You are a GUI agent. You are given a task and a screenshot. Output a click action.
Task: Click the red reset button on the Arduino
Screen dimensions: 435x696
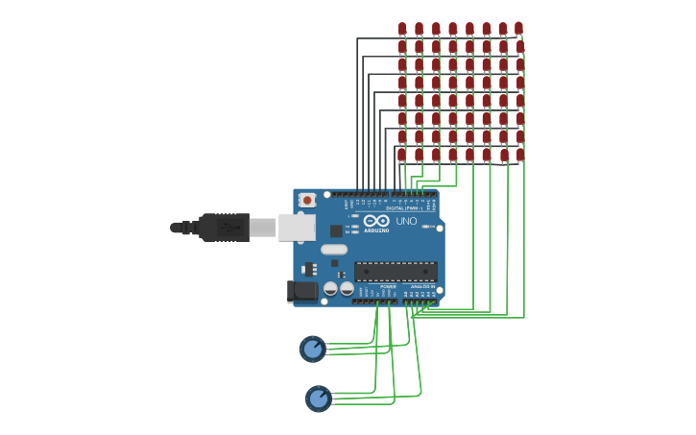point(307,200)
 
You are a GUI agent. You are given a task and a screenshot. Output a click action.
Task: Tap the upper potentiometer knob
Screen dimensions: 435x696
point(312,349)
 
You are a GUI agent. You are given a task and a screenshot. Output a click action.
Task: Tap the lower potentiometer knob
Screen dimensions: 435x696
point(318,398)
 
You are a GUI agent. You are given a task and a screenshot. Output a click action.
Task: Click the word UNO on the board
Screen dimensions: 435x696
point(406,221)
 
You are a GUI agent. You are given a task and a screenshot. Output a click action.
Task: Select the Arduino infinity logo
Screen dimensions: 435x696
point(376,221)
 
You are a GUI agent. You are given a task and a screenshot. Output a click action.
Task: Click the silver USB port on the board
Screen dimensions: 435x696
point(297,228)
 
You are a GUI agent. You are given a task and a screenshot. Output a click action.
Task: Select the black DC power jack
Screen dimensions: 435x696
point(302,291)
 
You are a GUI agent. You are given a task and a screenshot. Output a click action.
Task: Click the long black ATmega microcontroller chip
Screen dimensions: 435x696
point(396,272)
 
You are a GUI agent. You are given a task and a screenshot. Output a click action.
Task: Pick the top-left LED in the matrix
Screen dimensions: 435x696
point(402,29)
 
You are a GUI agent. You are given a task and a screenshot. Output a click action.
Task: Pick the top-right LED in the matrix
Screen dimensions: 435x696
point(518,29)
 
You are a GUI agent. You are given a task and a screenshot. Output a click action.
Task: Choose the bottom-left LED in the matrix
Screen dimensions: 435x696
point(402,154)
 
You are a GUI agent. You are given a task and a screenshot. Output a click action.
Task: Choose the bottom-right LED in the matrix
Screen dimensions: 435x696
point(520,154)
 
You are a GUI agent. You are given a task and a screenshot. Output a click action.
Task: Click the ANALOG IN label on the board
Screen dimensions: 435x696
point(421,286)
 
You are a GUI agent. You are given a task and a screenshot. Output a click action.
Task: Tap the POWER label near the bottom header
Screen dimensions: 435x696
point(388,286)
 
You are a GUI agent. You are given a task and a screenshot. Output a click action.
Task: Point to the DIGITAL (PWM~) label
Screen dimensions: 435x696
point(404,207)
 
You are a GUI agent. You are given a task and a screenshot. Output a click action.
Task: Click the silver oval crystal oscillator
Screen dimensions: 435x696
point(334,250)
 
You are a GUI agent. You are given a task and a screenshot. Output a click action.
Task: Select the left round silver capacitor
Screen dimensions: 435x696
point(329,288)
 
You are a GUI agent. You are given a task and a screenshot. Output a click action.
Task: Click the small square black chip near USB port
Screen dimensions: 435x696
point(336,230)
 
